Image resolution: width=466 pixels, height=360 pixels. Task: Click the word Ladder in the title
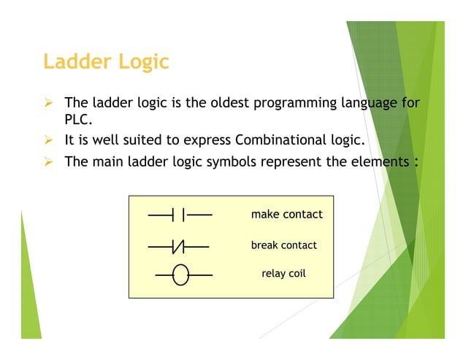(x=75, y=61)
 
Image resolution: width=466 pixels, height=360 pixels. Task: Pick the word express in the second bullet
(x=207, y=140)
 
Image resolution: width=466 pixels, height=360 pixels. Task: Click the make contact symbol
(x=180, y=215)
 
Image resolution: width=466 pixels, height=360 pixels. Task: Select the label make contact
(x=286, y=215)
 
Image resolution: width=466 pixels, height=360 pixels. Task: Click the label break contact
(x=284, y=245)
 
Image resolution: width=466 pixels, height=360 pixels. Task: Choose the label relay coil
(x=283, y=275)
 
